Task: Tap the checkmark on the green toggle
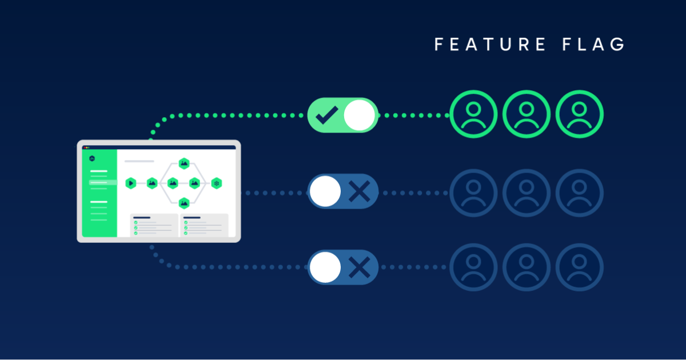point(327,115)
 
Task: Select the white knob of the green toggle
point(359,115)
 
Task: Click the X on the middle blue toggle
point(359,191)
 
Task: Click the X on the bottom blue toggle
point(359,267)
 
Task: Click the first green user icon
point(473,114)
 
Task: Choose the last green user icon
point(580,114)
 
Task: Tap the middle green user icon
point(527,114)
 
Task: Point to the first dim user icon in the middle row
point(473,193)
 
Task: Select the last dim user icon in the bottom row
point(580,267)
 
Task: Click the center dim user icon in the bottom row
point(527,267)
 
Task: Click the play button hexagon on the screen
point(131,183)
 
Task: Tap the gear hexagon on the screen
point(216,183)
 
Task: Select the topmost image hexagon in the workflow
point(184,163)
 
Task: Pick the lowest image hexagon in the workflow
point(184,202)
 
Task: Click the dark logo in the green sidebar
point(92,158)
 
